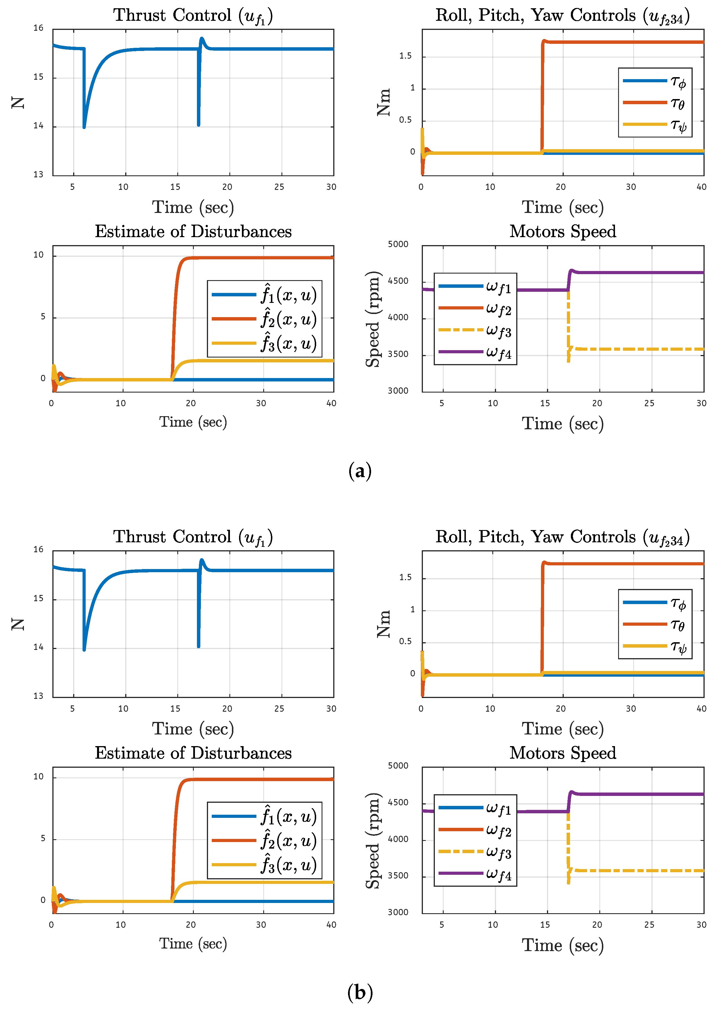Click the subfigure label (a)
coord(359,471)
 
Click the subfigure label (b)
coord(359,992)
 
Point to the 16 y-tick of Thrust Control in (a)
coord(38,28)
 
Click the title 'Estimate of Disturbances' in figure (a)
coord(193,231)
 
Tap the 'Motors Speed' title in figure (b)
coord(562,753)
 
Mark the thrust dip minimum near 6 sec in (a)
coord(84,127)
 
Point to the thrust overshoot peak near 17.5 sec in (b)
coord(201,560)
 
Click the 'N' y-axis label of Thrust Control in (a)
coord(18,102)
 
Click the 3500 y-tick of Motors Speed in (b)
coord(398,876)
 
